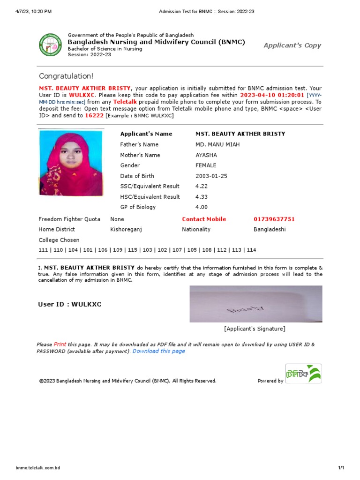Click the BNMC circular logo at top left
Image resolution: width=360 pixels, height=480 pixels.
click(x=50, y=45)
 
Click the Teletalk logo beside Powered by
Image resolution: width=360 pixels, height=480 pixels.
click(x=303, y=374)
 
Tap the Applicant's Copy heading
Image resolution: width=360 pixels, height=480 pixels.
click(x=292, y=45)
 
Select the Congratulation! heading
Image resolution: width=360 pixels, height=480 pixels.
click(x=66, y=76)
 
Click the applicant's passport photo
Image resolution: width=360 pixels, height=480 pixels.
click(x=71, y=163)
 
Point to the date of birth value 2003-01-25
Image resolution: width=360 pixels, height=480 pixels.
click(x=211, y=176)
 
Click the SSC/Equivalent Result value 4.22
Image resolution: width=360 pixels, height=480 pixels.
click(x=202, y=186)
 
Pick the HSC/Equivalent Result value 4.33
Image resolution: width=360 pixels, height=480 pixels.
click(x=202, y=197)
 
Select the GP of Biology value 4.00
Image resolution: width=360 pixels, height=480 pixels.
click(x=202, y=207)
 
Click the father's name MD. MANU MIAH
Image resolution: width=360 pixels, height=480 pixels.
click(x=217, y=144)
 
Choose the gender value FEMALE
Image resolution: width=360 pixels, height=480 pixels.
click(x=206, y=165)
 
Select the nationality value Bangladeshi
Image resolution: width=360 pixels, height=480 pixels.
click(x=270, y=229)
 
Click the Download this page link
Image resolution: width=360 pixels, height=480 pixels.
click(x=158, y=351)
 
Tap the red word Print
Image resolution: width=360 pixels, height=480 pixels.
click(x=60, y=344)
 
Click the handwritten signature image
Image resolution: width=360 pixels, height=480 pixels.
click(x=255, y=304)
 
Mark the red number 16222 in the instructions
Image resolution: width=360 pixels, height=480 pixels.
click(x=94, y=115)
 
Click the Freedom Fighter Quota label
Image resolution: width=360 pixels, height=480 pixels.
click(x=69, y=219)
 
